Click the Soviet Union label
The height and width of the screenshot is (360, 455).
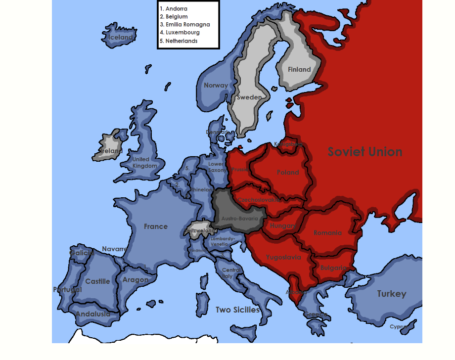[x=365, y=152]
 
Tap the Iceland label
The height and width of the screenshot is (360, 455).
[x=121, y=37]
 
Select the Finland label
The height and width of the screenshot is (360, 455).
[x=299, y=69]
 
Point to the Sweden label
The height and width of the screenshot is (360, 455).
[x=249, y=97]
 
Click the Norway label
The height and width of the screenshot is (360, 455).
[x=216, y=85]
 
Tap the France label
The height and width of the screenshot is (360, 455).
[x=156, y=226]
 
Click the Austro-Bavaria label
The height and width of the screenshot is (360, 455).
[x=239, y=218]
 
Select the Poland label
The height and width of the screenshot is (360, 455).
[x=288, y=173]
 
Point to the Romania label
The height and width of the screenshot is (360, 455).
[x=327, y=232]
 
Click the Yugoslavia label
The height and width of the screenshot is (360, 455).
[x=283, y=257]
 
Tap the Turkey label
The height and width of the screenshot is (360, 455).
[x=392, y=294]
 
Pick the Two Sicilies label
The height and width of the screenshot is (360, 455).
[x=237, y=310]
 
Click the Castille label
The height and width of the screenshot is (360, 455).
[x=97, y=281]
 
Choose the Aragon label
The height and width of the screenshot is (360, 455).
[x=136, y=280]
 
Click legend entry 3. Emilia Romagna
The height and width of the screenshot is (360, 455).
[x=185, y=24]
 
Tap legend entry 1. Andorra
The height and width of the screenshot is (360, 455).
[x=174, y=8]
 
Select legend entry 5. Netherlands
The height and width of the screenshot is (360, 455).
[x=179, y=41]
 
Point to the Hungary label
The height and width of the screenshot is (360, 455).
[x=283, y=225]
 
